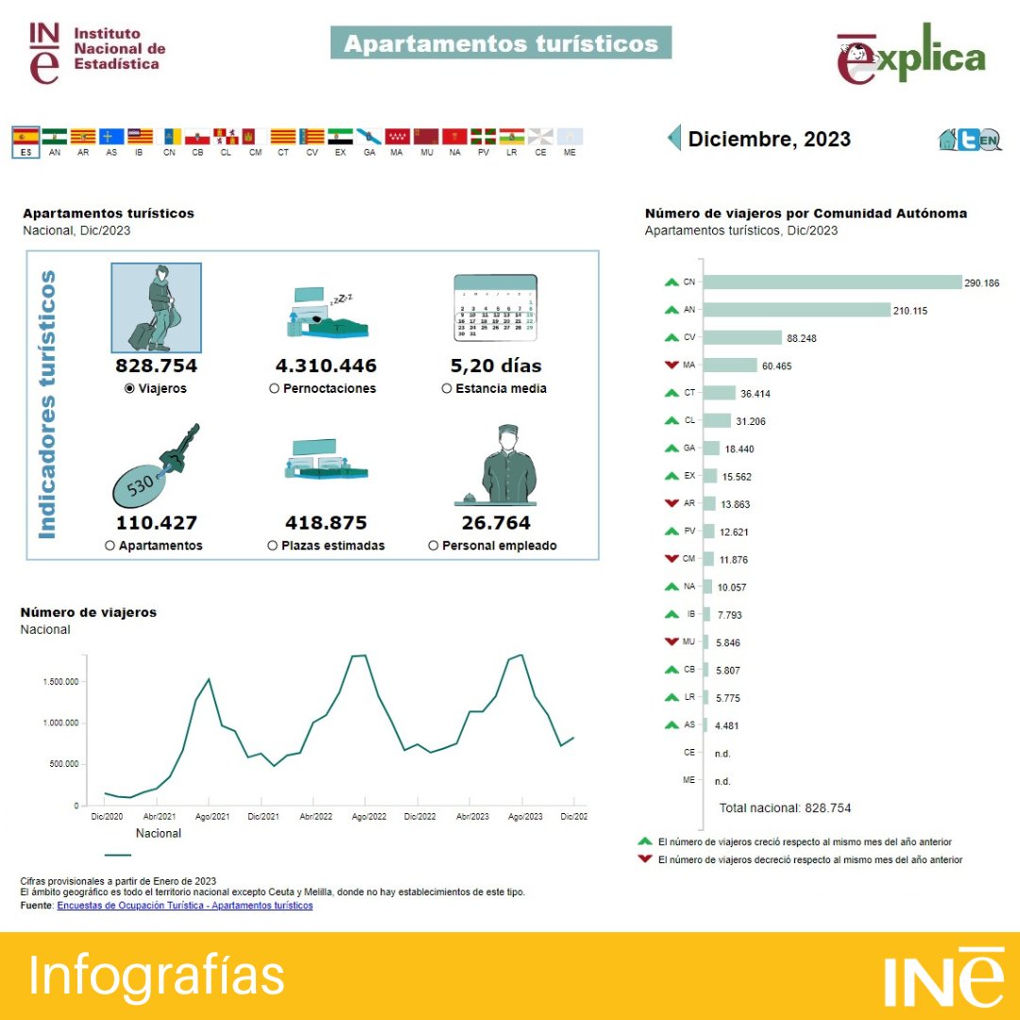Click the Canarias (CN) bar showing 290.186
[832, 282]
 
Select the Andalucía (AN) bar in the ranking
[797, 310]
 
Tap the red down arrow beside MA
[671, 365]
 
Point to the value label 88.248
[805, 338]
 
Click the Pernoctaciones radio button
[274, 388]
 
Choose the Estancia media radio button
[447, 388]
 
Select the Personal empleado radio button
[433, 545]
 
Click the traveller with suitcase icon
[156, 308]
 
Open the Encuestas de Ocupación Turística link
[184, 905]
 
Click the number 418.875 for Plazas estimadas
[326, 522]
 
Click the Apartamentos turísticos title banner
[501, 43]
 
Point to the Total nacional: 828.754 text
[785, 807]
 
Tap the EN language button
[989, 141]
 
